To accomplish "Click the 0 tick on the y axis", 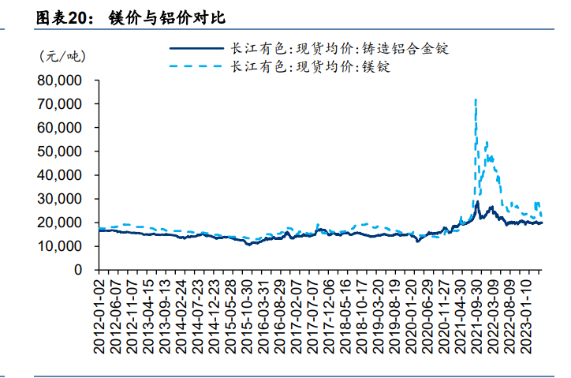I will tap(78, 270).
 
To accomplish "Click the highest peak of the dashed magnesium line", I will tap(475, 100).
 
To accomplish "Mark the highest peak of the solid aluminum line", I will tap(477, 202).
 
